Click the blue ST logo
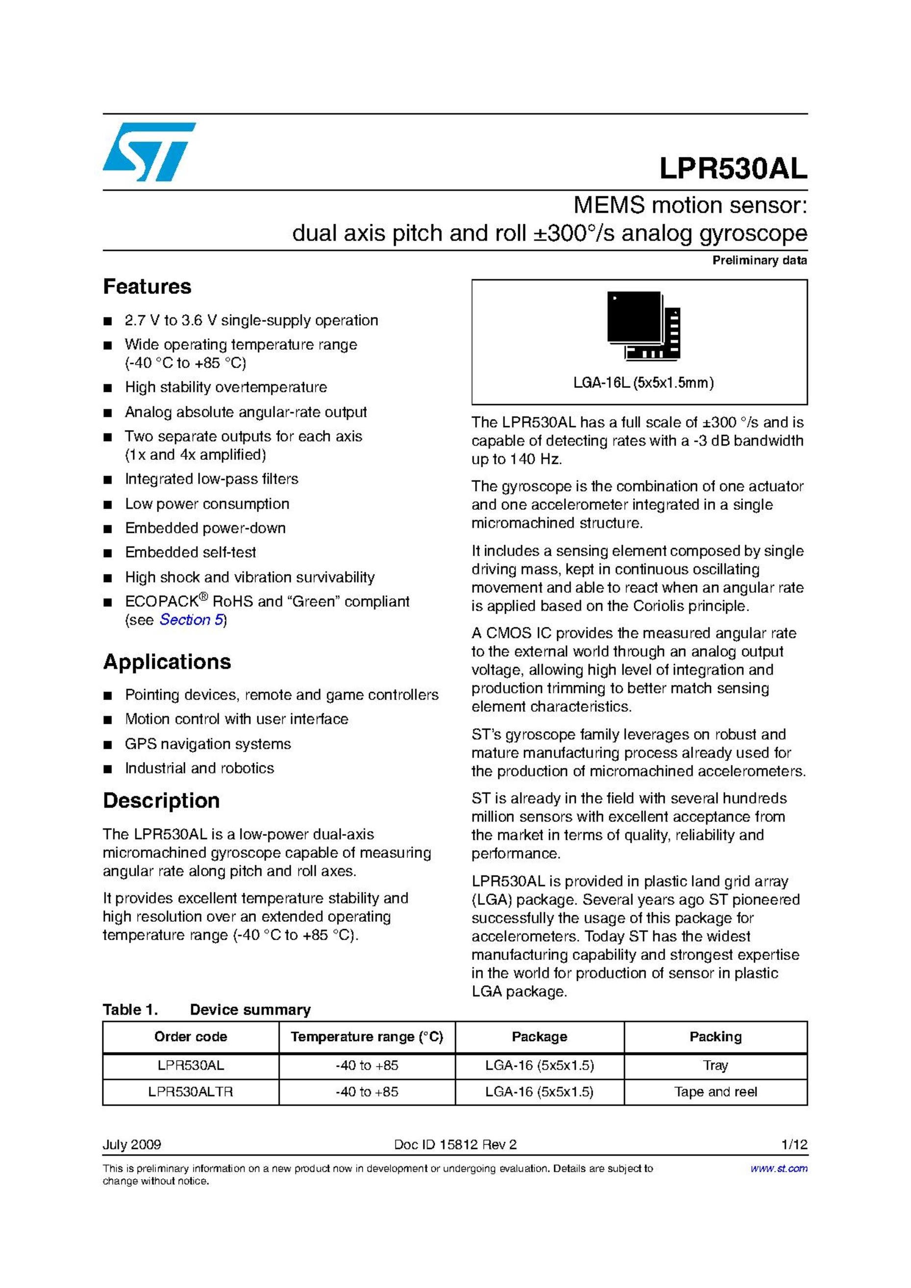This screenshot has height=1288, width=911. pos(149,151)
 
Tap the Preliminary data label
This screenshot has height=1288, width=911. pos(759,260)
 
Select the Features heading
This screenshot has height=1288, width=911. pos(147,286)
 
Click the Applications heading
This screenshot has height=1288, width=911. pos(167,662)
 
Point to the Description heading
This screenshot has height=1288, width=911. pos(161,801)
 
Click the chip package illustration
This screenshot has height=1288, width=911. pos(643,325)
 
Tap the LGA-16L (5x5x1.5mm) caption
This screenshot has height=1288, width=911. pos(643,383)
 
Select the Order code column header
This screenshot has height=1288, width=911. pos(191,1037)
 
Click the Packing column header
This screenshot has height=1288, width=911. pos(715,1037)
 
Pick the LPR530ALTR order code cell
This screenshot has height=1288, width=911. pos(191,1092)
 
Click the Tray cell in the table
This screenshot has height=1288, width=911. pos(715,1065)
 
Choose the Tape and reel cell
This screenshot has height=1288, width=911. pos(715,1092)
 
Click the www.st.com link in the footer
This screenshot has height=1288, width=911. pos(779,1169)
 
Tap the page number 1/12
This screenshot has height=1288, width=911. pos(794,1145)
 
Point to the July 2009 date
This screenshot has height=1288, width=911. pos(132,1145)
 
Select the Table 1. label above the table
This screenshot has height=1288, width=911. pos(130,1010)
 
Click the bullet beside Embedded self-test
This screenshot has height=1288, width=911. pos(108,553)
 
